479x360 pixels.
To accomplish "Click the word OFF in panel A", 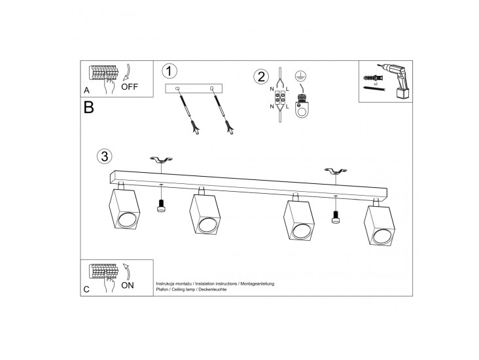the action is coord(130,87).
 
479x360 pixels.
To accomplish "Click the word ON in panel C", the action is coord(128,285).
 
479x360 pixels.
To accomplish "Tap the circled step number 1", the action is coord(169,71).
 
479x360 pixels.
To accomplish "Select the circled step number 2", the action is coord(261,77).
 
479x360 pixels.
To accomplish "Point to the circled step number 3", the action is coord(105,156).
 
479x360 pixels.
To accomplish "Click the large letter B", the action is coord(88,107).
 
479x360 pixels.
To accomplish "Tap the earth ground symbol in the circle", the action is coord(301,76).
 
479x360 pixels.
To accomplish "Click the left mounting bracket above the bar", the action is coord(161,160).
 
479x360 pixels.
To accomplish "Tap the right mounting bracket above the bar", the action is coord(336,171).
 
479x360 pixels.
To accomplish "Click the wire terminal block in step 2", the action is coord(280,100).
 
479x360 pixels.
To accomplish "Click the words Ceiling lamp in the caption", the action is coord(183,289).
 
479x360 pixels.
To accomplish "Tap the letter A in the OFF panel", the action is coord(87,90).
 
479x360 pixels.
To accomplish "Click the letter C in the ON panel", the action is coord(86,289).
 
